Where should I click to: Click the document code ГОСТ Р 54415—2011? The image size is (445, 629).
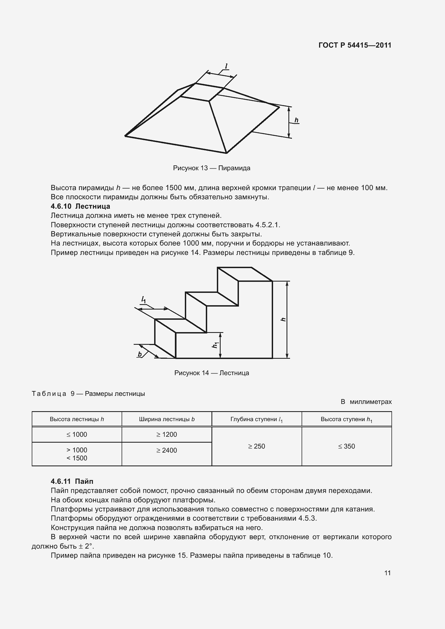click(355, 45)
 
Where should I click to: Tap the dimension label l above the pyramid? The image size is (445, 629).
click(226, 66)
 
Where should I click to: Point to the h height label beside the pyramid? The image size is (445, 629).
click(296, 120)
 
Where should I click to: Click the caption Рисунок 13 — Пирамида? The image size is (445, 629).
click(211, 168)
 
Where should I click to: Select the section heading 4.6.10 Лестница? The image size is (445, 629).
click(80, 206)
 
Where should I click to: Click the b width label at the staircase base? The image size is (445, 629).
click(140, 354)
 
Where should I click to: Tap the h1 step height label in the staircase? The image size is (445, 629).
click(216, 345)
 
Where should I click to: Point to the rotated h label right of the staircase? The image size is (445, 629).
click(283, 319)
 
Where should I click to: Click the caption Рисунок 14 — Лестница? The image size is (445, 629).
click(211, 373)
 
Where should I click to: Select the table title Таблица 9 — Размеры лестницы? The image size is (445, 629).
click(88, 394)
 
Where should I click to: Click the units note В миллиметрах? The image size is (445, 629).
click(366, 401)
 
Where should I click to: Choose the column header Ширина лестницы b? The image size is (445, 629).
click(167, 419)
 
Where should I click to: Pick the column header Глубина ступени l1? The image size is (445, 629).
click(256, 420)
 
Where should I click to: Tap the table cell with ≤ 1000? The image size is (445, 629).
click(77, 435)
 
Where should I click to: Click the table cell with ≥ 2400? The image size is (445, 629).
click(167, 450)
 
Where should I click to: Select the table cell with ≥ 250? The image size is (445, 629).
click(256, 446)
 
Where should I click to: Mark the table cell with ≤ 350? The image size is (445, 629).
click(346, 446)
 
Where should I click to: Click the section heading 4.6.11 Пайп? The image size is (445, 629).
click(72, 481)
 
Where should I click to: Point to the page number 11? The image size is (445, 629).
click(387, 573)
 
